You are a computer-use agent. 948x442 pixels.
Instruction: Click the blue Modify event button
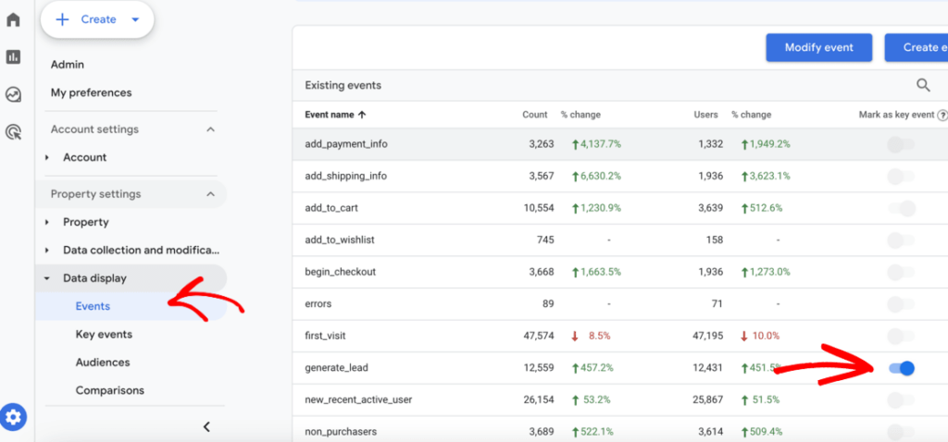point(818,47)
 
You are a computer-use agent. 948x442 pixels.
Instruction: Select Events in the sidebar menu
point(93,306)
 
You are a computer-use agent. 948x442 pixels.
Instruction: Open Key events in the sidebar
point(104,334)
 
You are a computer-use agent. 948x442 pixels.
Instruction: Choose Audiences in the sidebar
point(103,362)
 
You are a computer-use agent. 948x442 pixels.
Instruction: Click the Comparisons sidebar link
point(110,390)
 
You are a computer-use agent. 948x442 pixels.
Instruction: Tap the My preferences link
point(91,92)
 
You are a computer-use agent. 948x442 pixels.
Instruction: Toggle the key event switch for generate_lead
point(901,368)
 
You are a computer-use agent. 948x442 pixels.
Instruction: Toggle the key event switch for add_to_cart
point(901,209)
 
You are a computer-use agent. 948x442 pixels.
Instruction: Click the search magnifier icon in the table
point(923,85)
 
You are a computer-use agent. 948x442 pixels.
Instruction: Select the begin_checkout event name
point(340,272)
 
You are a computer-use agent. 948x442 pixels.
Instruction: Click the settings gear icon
point(14,418)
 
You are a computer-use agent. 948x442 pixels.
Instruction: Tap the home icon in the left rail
point(13,19)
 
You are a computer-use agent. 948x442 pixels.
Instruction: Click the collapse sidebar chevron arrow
point(206,426)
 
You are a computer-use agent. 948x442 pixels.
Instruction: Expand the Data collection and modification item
point(141,250)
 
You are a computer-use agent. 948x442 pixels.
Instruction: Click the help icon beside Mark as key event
point(942,116)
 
